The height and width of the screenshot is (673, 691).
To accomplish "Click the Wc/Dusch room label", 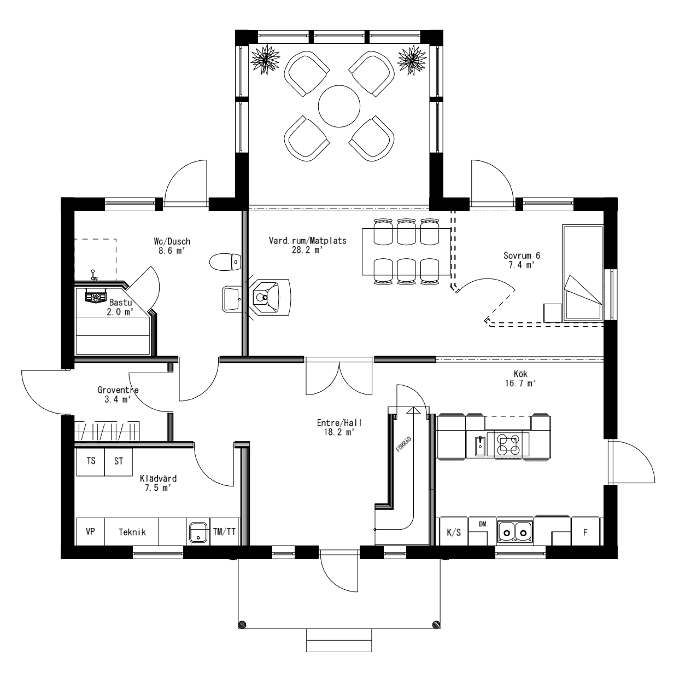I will (172, 246).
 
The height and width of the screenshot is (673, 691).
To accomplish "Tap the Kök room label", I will (520, 379).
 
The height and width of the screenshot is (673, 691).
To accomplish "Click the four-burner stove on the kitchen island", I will (508, 443).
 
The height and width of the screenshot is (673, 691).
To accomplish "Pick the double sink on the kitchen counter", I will (515, 531).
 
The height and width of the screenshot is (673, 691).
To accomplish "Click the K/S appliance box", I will (454, 532).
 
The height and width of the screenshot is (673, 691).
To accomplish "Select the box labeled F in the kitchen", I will (585, 532).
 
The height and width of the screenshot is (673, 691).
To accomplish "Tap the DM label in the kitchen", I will (482, 524).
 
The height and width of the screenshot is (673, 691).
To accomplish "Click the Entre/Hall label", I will (339, 427).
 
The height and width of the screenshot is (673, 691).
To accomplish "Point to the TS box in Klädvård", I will (91, 461).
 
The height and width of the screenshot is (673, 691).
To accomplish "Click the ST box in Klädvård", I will (119, 461).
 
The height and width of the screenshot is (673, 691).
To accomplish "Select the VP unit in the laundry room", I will (90, 532).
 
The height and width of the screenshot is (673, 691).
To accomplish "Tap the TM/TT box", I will (225, 531).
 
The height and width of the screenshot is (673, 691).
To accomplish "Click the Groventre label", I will (118, 394).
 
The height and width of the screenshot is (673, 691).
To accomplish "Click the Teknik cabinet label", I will (132, 532).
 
